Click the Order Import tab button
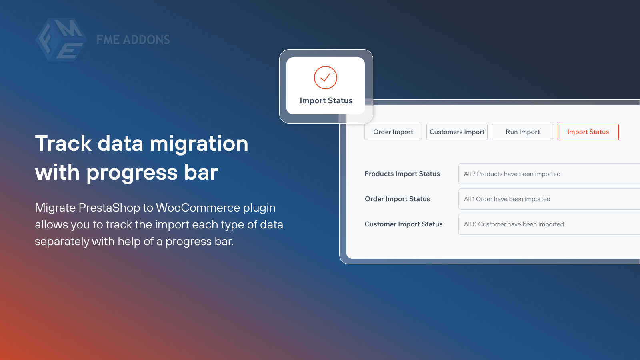coord(393,132)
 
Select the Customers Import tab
coord(457,132)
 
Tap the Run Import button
coord(522,132)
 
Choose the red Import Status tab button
coord(588,132)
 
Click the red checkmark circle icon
coord(326,78)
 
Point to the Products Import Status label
coord(402,174)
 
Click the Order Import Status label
coord(397,199)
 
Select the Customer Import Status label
coord(404,224)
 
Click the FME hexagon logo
coord(61,40)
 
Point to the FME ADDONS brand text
coord(133,40)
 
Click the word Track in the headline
coord(63,144)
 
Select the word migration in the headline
coord(199,144)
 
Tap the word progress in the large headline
coord(132,173)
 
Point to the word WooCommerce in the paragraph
coord(198,208)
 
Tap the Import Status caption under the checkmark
coord(326,101)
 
